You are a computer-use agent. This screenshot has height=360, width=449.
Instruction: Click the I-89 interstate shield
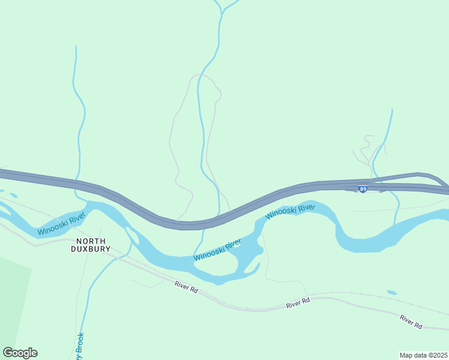pos(363,189)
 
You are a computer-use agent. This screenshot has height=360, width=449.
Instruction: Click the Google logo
pos(20,353)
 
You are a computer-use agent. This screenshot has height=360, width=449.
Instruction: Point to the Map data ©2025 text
pos(423,355)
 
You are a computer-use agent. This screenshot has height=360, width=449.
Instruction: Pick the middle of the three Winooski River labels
pos(217,250)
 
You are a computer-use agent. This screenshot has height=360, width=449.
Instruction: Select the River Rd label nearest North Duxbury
pos(186,288)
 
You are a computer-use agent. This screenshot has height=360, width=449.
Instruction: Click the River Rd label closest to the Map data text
pos(411,322)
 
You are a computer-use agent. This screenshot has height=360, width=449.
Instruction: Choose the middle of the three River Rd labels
pos(298,304)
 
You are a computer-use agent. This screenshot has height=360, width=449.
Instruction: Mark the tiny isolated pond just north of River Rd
pos(391,293)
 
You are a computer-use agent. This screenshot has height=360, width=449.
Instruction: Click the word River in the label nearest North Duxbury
pos(77,220)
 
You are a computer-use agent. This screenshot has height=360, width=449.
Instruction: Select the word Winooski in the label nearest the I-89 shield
pos(280,214)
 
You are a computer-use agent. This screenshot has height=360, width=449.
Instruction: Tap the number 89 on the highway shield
pos(363,190)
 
